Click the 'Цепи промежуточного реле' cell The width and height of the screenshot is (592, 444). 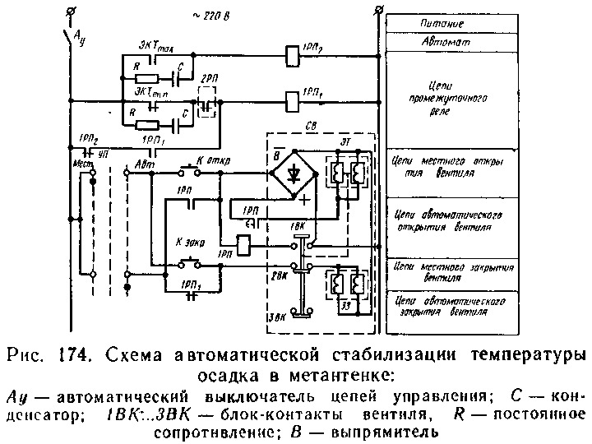click(451, 97)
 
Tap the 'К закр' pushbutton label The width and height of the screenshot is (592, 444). click(190, 243)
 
